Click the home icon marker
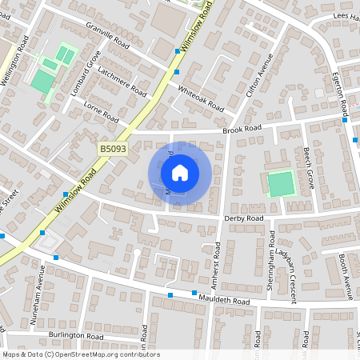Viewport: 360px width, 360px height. click(x=180, y=173)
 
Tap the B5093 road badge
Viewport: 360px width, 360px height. click(x=113, y=149)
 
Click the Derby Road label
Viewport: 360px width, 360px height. click(x=245, y=218)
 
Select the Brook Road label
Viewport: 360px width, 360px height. click(x=242, y=129)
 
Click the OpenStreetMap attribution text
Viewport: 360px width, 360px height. click(x=81, y=354)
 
